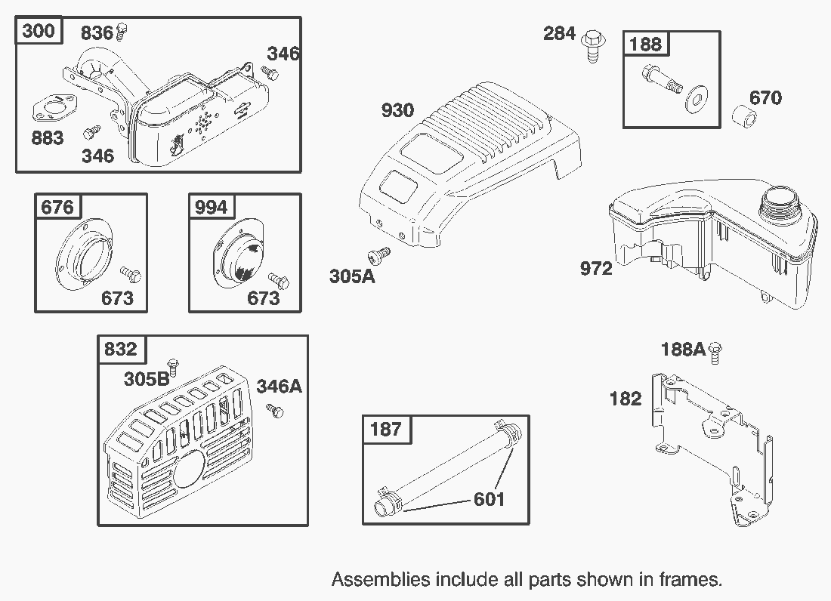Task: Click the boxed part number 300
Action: [x=39, y=32]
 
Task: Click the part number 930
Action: [x=397, y=111]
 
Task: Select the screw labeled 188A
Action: [x=715, y=350]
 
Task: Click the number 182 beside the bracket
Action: [x=625, y=399]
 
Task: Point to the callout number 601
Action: [x=489, y=499]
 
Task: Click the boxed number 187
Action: [x=385, y=430]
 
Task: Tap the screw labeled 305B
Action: [x=172, y=366]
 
